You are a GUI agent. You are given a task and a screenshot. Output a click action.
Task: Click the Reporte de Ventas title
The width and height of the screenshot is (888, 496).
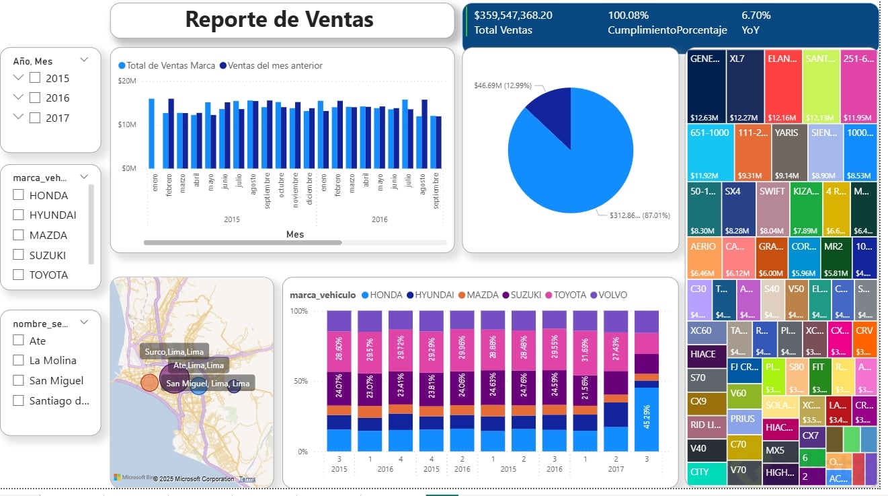(279, 20)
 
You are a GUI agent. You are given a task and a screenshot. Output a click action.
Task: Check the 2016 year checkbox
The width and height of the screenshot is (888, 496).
(35, 98)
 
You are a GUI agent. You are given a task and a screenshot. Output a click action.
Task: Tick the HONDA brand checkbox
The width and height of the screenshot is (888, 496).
(19, 195)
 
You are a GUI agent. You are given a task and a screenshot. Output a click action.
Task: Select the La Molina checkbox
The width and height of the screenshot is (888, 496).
(19, 360)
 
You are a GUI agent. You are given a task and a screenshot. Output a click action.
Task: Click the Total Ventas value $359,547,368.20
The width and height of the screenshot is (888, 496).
(513, 15)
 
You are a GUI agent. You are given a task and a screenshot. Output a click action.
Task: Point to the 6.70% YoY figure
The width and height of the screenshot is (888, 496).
(756, 15)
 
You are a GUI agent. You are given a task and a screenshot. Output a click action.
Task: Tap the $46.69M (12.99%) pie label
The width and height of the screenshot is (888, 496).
(503, 85)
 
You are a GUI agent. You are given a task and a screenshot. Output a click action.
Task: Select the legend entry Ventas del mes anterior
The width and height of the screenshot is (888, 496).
(275, 65)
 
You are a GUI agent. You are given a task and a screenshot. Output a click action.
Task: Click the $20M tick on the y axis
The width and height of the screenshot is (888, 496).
(127, 81)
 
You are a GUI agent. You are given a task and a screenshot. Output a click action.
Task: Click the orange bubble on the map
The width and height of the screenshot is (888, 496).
(149, 382)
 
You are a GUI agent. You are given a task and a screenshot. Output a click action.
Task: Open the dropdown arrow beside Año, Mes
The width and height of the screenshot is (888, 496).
(84, 60)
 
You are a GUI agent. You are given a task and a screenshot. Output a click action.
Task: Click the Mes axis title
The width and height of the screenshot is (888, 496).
(294, 234)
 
